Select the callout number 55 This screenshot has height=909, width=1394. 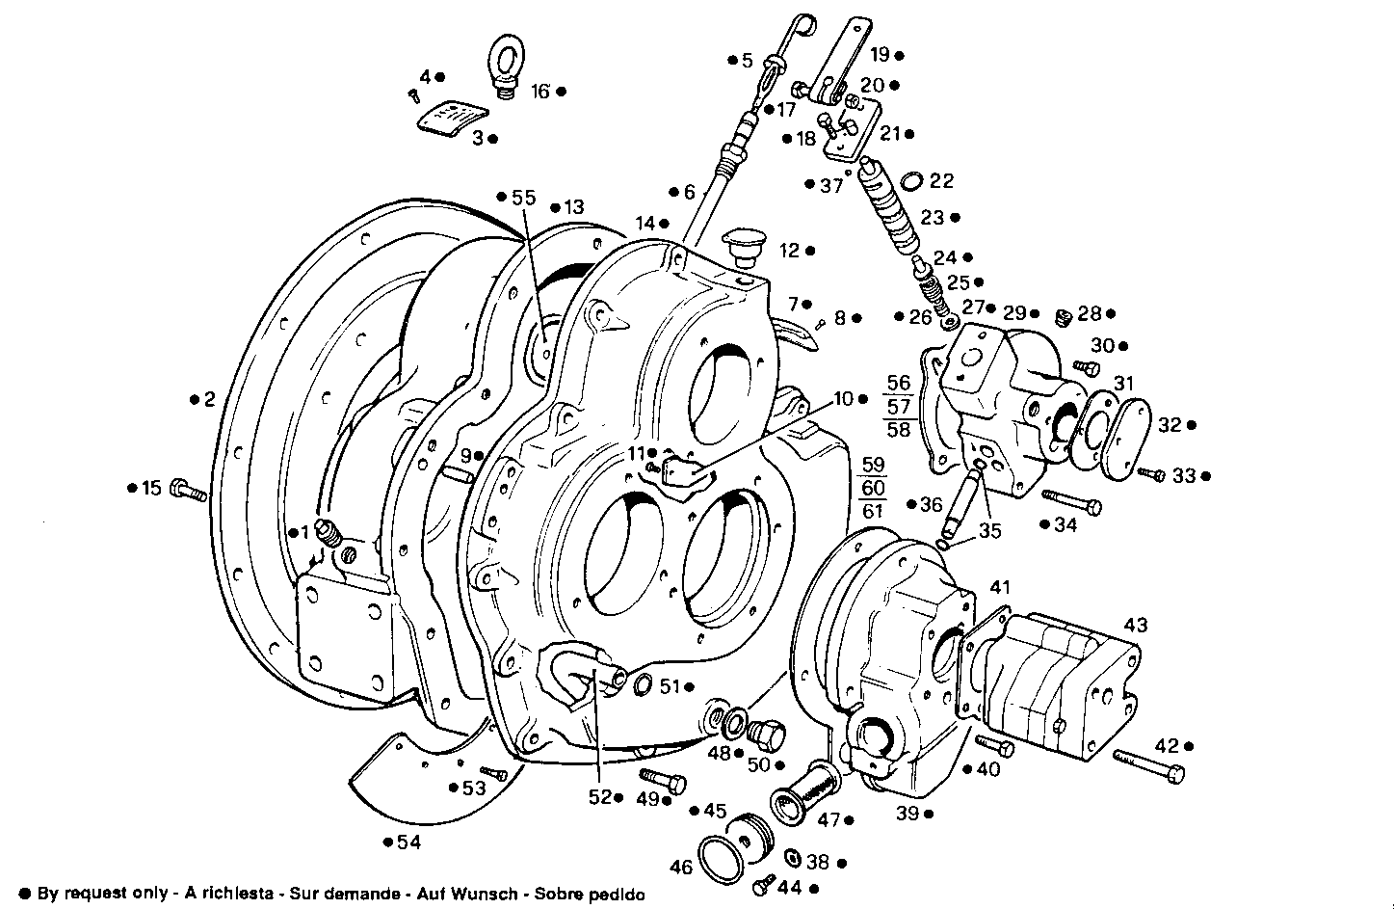point(523,198)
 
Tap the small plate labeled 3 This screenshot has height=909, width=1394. point(449,119)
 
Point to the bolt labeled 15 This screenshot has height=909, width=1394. point(188,492)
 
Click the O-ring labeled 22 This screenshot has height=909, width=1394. point(914,180)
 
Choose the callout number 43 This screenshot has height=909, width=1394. point(1136,626)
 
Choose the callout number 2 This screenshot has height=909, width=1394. point(209,399)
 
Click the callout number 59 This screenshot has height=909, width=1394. point(873,463)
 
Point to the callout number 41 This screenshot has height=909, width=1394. point(1000,587)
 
